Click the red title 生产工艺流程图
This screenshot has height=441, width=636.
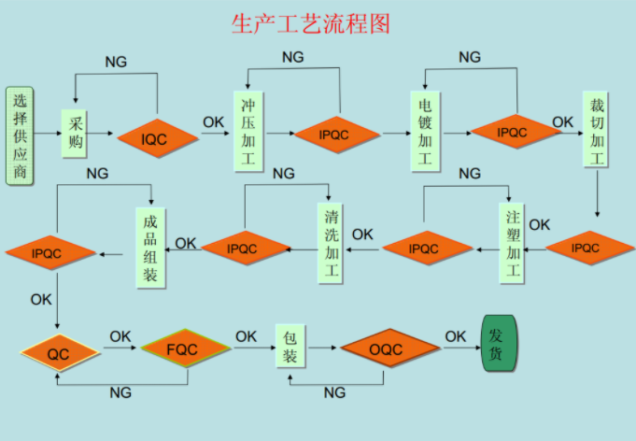click(x=310, y=22)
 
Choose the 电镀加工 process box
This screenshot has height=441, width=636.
click(x=425, y=131)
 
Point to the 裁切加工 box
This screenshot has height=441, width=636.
click(x=596, y=129)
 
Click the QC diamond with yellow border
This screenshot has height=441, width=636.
click(x=59, y=354)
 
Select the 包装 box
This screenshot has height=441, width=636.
click(x=290, y=346)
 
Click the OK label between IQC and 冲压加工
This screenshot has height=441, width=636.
click(x=213, y=121)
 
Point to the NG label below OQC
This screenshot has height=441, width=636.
click(x=334, y=392)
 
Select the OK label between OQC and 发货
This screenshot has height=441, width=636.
click(x=455, y=335)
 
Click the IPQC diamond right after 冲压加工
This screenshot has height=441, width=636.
click(x=337, y=135)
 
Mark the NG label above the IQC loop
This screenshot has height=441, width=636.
click(x=116, y=62)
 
